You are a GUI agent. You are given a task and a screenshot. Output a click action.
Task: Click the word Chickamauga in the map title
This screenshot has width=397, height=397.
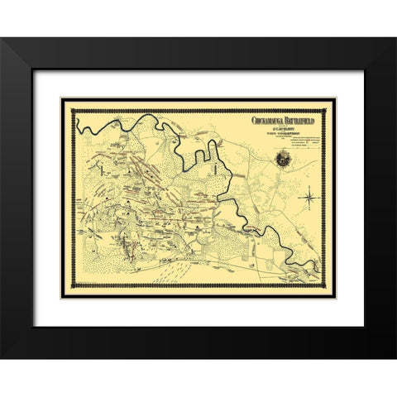tap(270, 120)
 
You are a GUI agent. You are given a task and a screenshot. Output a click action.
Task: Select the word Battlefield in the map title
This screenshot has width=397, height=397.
tap(304, 120)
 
